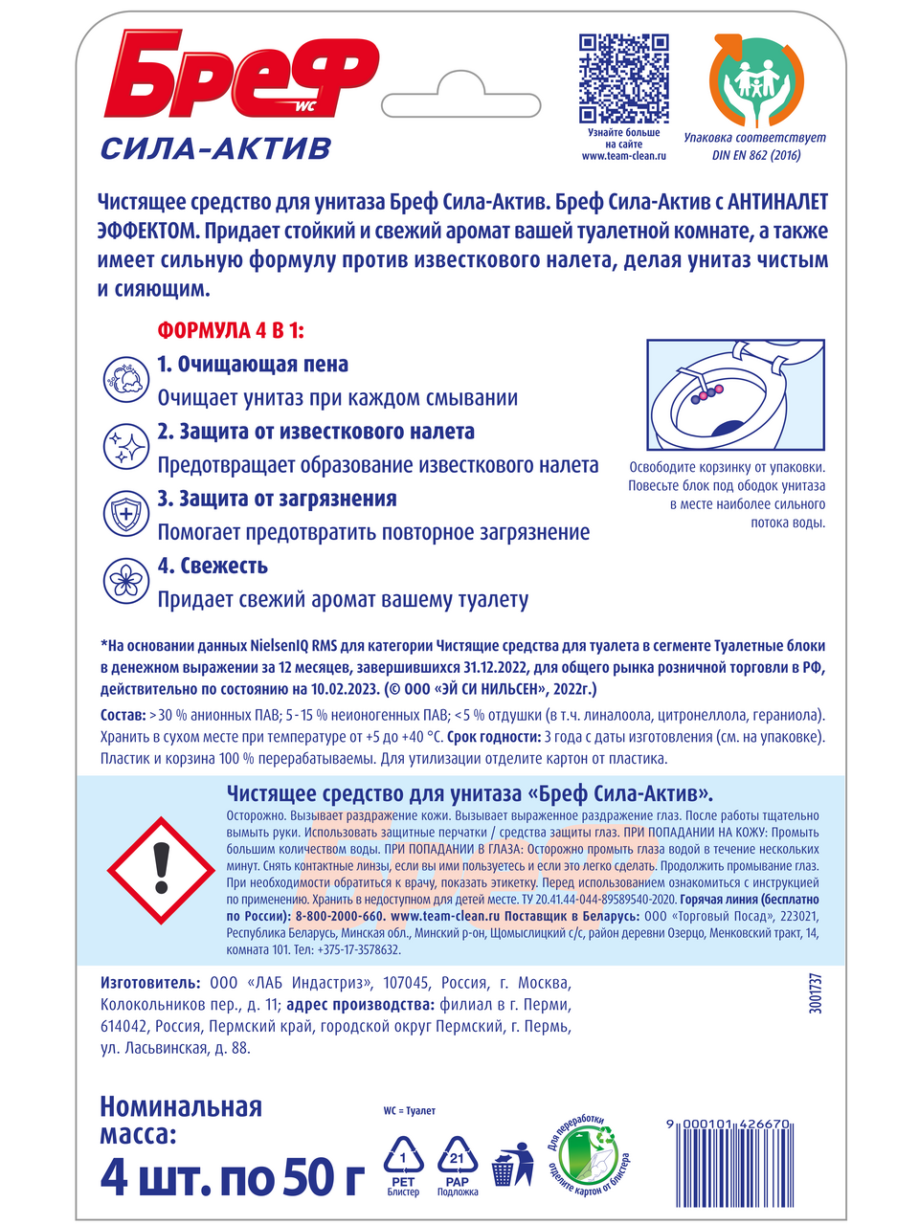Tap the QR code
(623, 78)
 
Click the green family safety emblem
(755, 81)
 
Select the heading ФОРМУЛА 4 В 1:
(231, 331)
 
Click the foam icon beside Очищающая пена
(126, 379)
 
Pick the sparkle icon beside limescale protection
(126, 446)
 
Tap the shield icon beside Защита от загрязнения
(126, 513)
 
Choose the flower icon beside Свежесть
(126, 580)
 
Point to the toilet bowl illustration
(734, 394)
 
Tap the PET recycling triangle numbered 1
(404, 1160)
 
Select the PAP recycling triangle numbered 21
(457, 1160)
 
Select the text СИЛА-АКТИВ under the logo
(215, 149)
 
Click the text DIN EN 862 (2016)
(755, 155)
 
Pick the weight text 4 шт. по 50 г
(232, 1178)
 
